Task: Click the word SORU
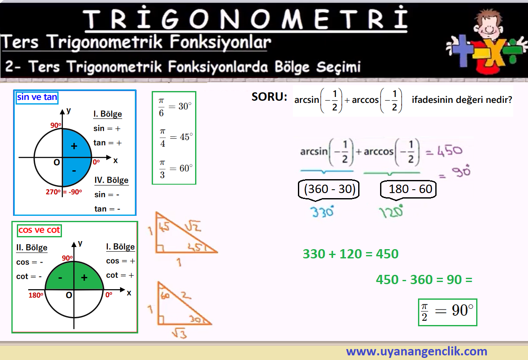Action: tap(269, 97)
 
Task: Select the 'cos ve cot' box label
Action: tap(39, 230)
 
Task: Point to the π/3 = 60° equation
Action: tap(176, 169)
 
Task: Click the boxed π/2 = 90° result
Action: tap(448, 312)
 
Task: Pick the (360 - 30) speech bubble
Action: tap(329, 190)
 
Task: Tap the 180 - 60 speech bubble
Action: tap(408, 190)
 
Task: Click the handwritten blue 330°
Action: tap(322, 212)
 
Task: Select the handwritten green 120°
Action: tap(391, 212)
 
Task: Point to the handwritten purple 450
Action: tap(450, 151)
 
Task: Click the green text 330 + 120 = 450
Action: tap(351, 254)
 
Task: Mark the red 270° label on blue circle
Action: tap(53, 192)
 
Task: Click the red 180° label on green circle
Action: tap(36, 295)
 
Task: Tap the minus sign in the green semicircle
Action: tap(60, 278)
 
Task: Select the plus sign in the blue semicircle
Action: tap(74, 146)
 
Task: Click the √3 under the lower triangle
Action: tap(180, 333)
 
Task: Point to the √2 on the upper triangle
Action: tap(193, 226)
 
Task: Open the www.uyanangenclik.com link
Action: tap(416, 351)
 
